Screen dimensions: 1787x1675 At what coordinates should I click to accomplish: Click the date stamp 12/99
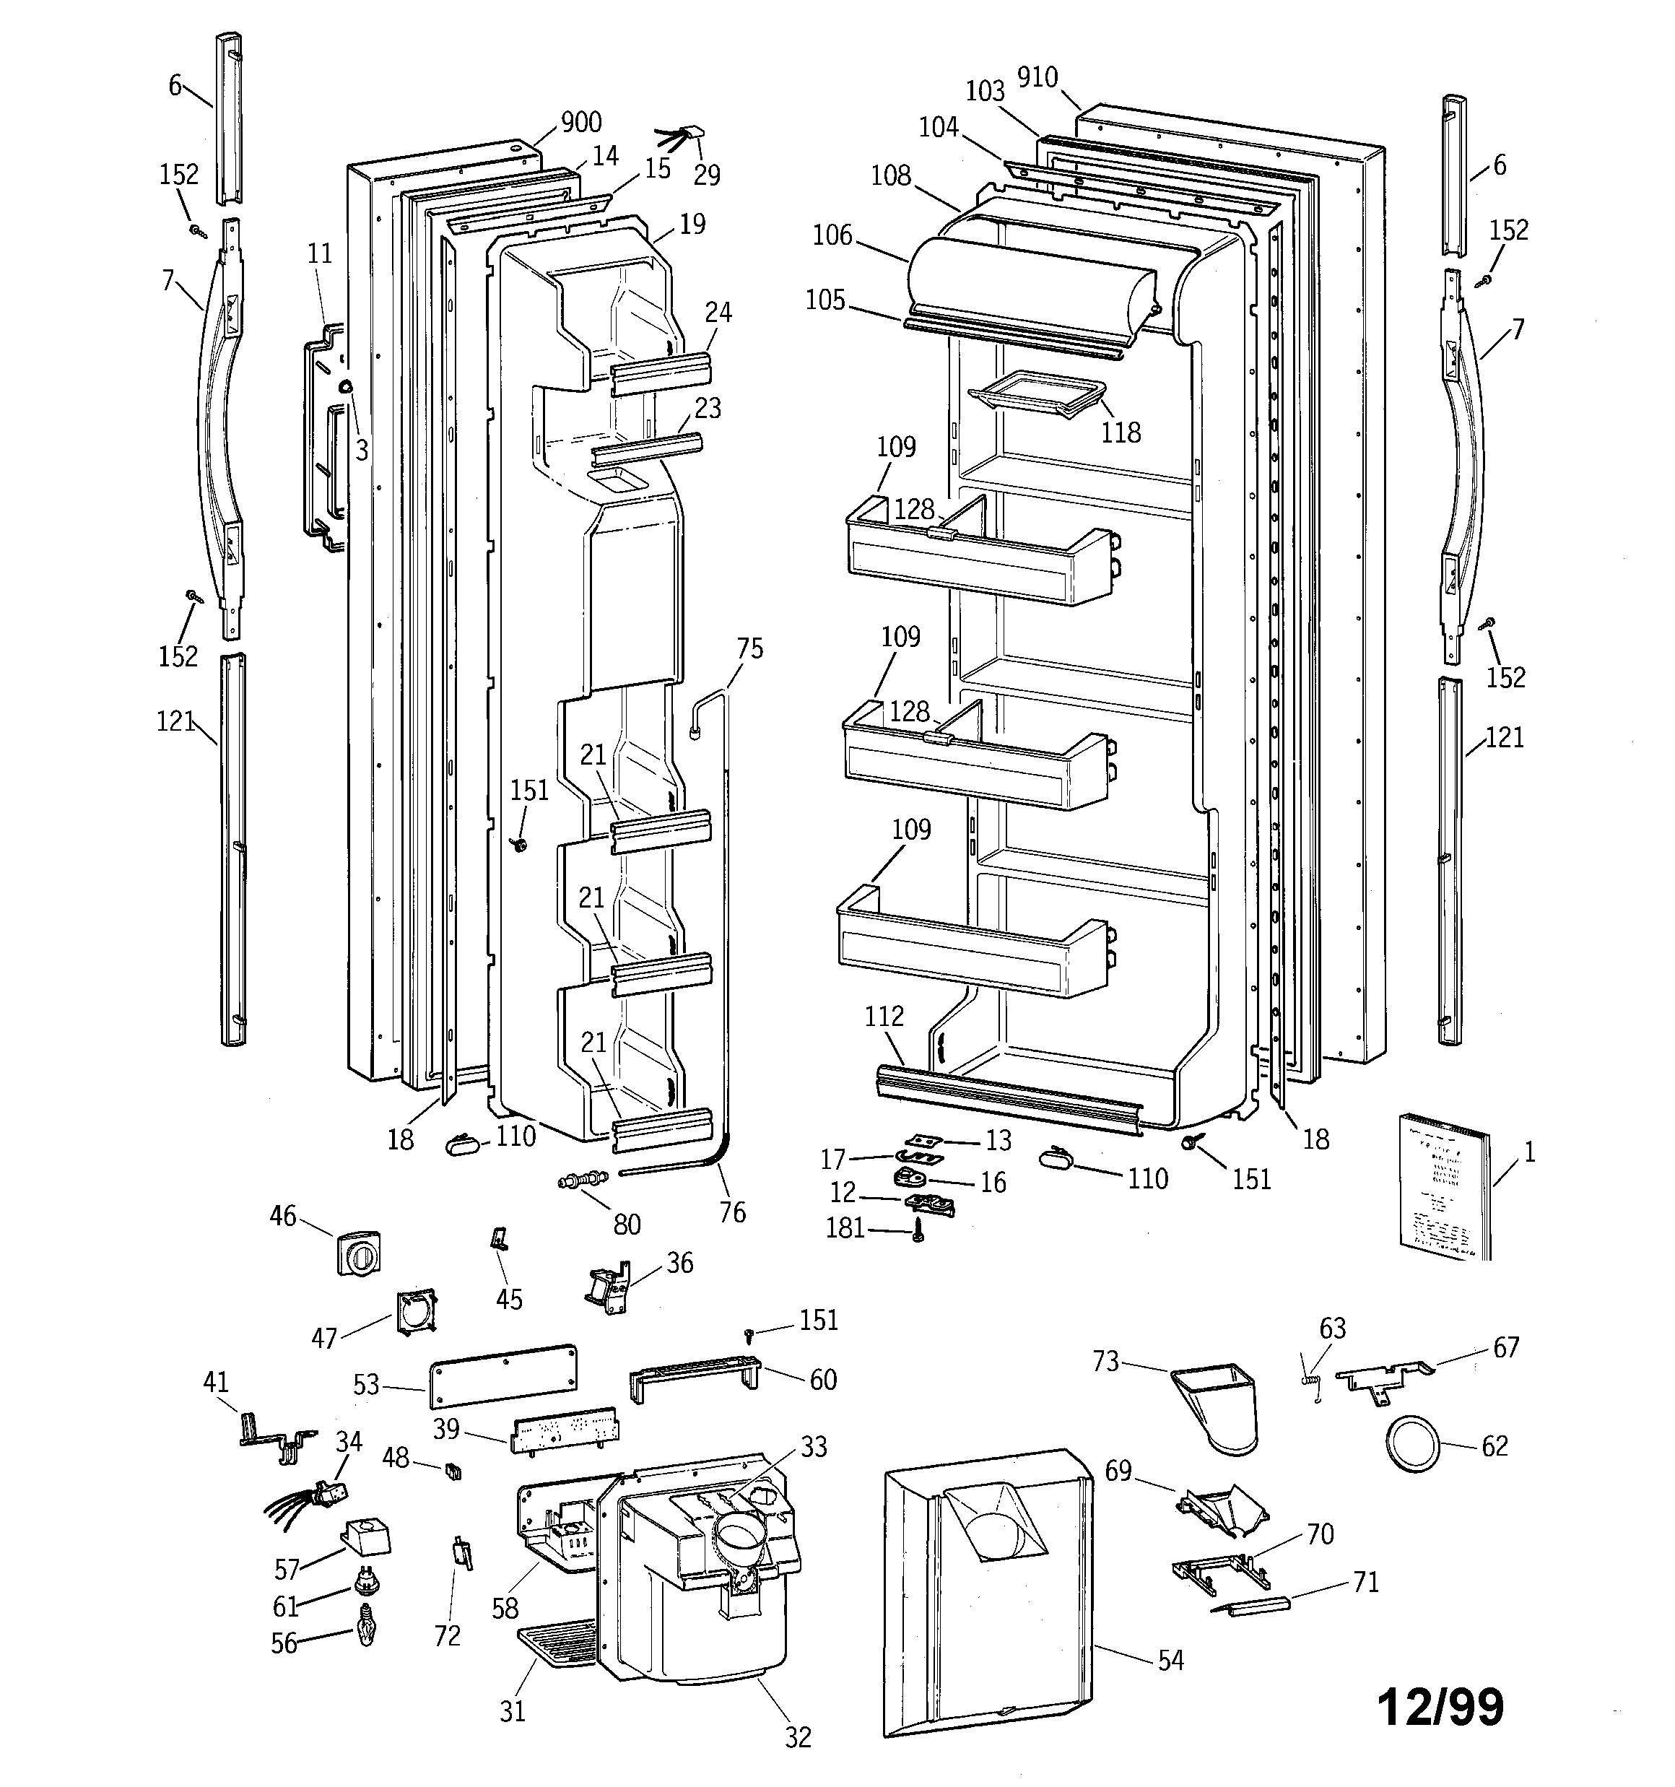[x=1440, y=1706]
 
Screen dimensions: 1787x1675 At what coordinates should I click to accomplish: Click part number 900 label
[x=580, y=122]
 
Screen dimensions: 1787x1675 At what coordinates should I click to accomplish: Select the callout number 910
[x=1037, y=78]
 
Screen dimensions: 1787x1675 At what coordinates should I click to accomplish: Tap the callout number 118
[x=1121, y=432]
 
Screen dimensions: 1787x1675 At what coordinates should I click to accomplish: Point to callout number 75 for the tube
[x=749, y=648]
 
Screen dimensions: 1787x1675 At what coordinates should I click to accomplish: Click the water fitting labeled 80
[x=583, y=1178]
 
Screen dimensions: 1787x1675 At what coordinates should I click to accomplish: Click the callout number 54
[x=1170, y=1660]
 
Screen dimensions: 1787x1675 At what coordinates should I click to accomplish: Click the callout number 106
[x=832, y=235]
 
